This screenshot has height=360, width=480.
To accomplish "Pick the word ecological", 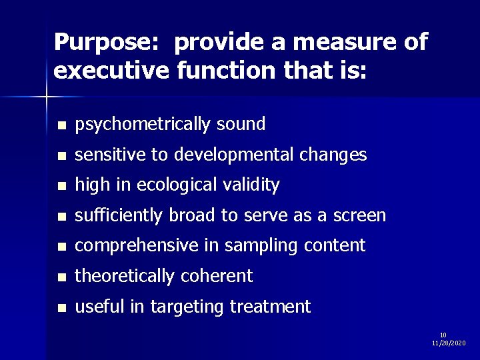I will [181, 185].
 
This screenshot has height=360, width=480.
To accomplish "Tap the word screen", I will [361, 215].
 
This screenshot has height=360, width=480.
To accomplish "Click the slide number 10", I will [443, 335].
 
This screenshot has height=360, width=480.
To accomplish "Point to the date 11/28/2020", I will [448, 343].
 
